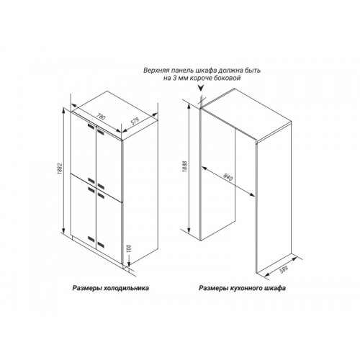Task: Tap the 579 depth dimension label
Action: (135, 122)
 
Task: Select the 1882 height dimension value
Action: (60, 170)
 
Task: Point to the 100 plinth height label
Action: (128, 248)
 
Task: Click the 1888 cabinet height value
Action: (185, 166)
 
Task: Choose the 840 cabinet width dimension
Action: (228, 177)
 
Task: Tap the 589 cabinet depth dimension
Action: (283, 269)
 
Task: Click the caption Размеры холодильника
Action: (111, 288)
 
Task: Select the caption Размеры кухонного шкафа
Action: (242, 288)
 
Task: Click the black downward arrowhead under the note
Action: (201, 88)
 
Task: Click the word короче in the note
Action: (203, 78)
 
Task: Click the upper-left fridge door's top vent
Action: (91, 126)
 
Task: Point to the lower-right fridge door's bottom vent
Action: (101, 246)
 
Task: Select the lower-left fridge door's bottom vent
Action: (91, 239)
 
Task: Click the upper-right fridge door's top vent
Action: (101, 131)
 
